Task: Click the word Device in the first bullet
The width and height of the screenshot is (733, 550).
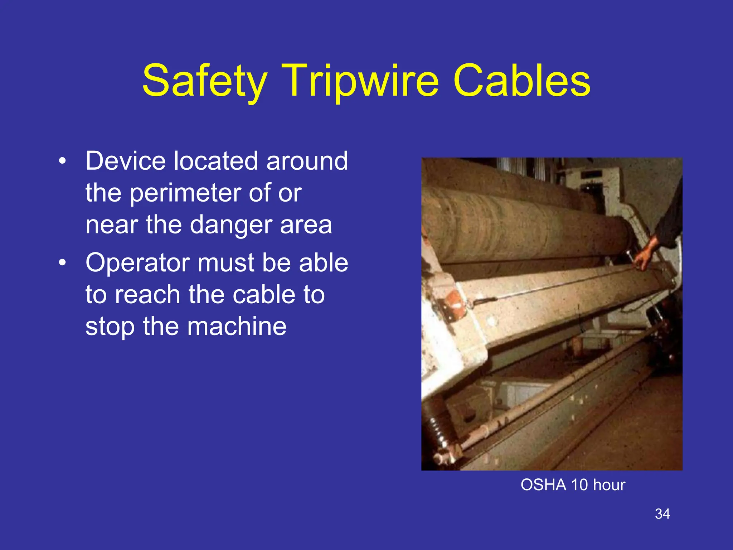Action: [x=125, y=161]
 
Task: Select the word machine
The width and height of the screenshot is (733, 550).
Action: [x=237, y=326]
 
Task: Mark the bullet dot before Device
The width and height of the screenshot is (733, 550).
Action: [x=63, y=161]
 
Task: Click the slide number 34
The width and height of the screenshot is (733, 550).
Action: [x=662, y=514]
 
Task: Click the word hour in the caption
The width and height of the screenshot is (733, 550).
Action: [x=609, y=485]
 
